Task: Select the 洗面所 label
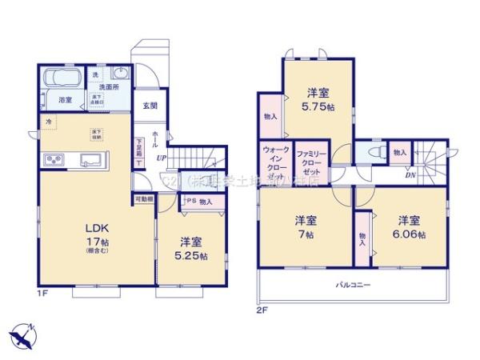[108, 86]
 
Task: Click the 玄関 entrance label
[150, 106]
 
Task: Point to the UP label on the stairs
[161, 157]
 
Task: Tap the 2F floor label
[262, 309]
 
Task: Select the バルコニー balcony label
[351, 285]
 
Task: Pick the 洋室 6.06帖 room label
[409, 227]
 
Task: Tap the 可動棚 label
[144, 198]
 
